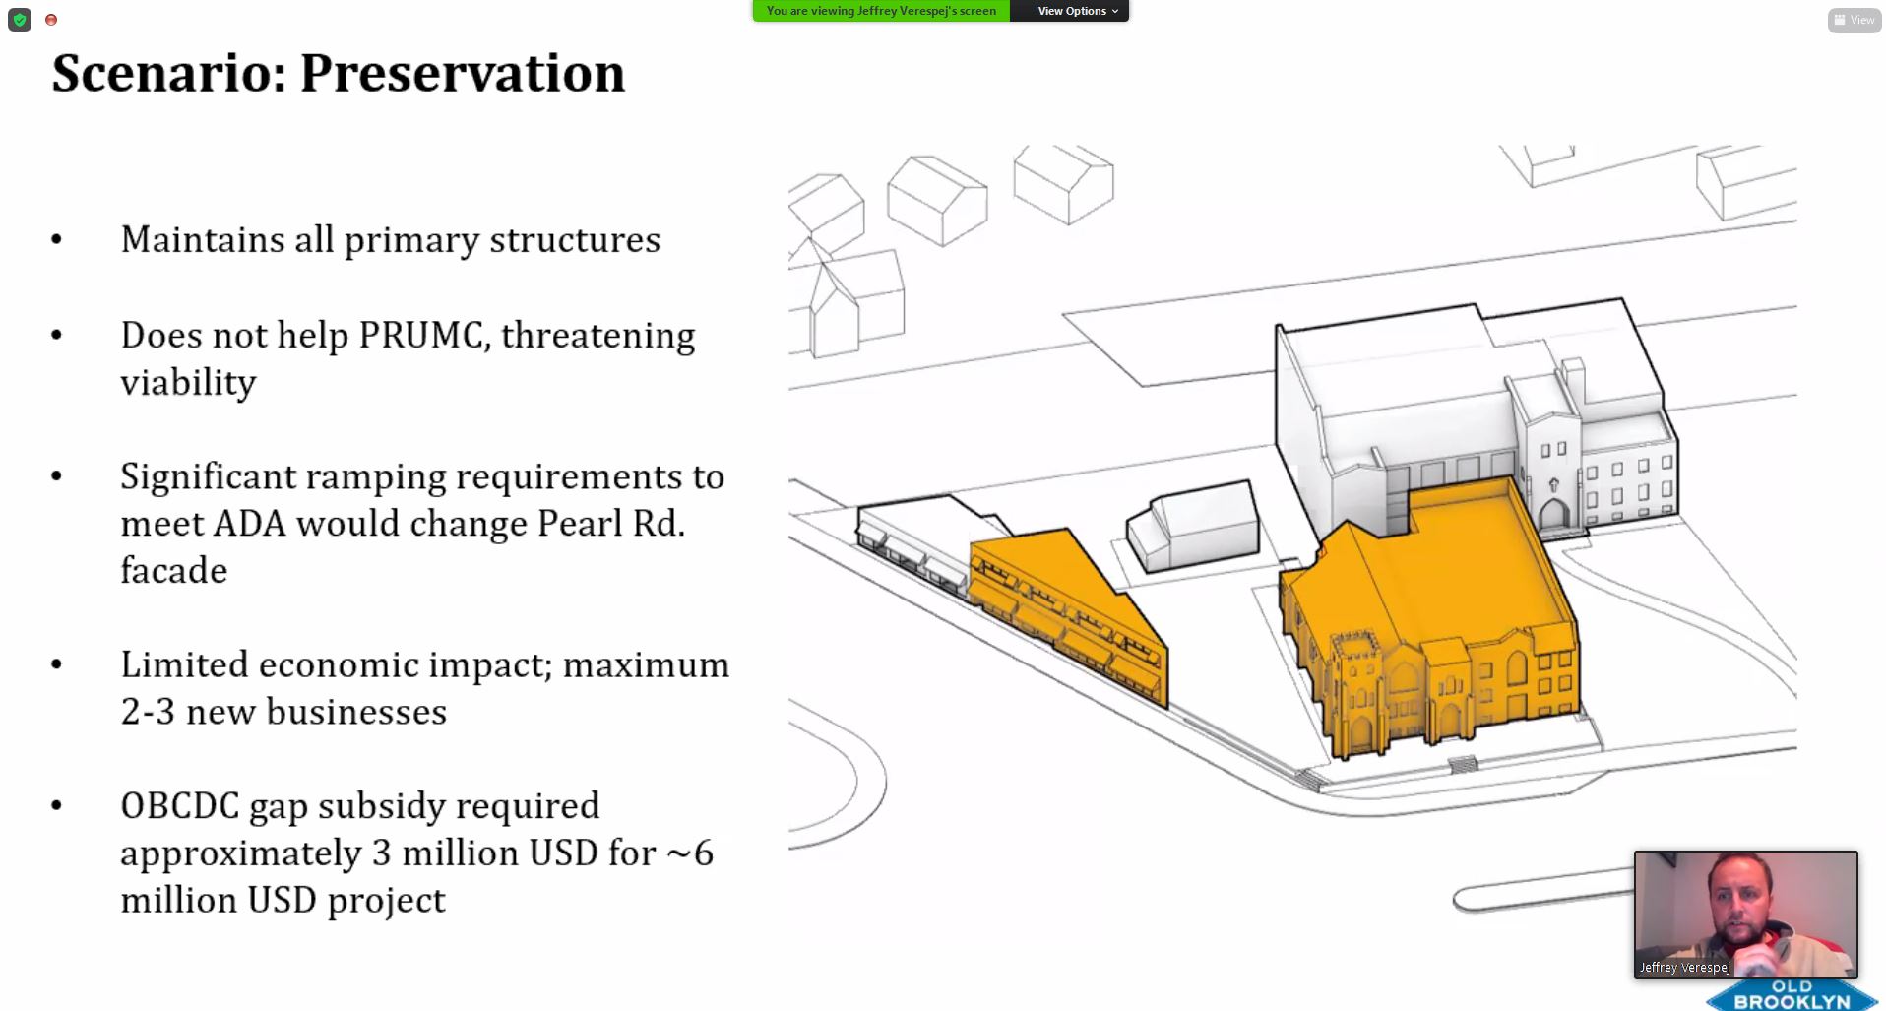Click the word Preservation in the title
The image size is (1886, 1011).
tap(462, 73)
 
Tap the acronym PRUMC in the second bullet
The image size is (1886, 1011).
tap(424, 336)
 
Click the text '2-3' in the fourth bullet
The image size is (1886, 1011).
tap(148, 712)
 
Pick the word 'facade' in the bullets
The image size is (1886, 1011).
tap(174, 570)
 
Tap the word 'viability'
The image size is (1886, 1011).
tap(188, 383)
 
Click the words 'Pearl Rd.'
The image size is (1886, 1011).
tap(611, 524)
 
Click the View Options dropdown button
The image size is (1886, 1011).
tap(1077, 11)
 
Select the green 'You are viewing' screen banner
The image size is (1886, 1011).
tap(881, 11)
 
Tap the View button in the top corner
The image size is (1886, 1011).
tap(1855, 20)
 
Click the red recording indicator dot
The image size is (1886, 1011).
tap(51, 20)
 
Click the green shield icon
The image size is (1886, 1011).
tap(20, 20)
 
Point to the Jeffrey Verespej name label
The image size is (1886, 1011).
tap(1684, 968)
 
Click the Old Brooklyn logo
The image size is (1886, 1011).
tap(1791, 994)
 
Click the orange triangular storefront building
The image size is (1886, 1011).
tap(1069, 615)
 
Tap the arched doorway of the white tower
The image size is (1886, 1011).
tap(1554, 515)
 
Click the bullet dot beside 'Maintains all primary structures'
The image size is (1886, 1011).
tap(56, 239)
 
